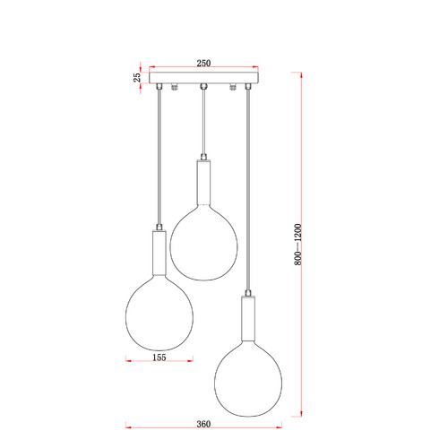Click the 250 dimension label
[x=203, y=63]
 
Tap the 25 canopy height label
[x=137, y=77]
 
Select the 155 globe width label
[x=159, y=358]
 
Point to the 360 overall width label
[x=203, y=424]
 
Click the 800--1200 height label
[x=297, y=245]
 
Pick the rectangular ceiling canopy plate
[x=203, y=78]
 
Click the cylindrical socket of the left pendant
[x=159, y=253]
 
